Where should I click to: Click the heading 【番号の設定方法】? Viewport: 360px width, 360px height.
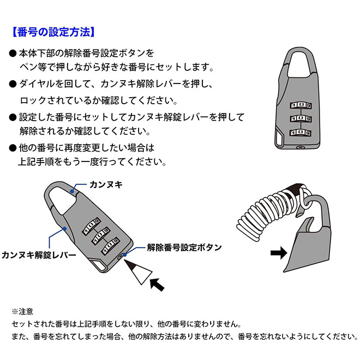[x=53, y=31]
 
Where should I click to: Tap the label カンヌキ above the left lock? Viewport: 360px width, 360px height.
[x=106, y=185]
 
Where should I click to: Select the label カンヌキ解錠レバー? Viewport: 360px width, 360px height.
[x=38, y=254]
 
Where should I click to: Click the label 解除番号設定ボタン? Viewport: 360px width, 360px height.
[x=184, y=247]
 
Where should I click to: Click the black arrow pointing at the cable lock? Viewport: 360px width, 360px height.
[x=279, y=253]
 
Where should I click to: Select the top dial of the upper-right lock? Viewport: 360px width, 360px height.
[x=300, y=103]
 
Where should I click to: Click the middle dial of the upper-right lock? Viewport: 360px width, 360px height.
[x=300, y=117]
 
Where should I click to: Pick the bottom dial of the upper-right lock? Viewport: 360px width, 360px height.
[x=300, y=131]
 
